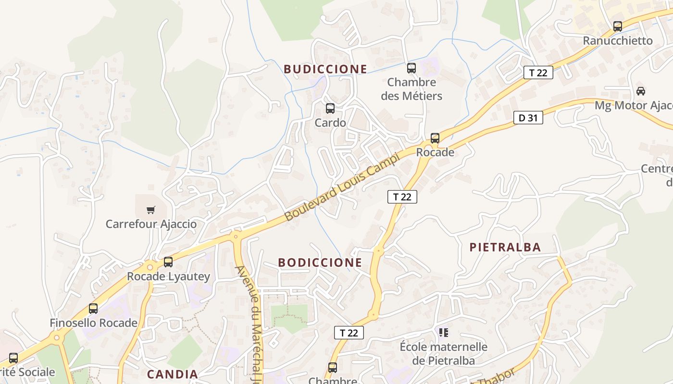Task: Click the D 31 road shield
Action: [x=528, y=118]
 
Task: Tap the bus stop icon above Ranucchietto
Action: [x=618, y=26]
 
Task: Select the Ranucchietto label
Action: [x=618, y=41]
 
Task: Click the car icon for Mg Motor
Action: [x=641, y=91]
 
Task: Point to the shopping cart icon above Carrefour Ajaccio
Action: [x=151, y=210]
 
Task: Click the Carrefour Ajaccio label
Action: [x=151, y=224]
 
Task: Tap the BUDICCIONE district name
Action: [x=325, y=69]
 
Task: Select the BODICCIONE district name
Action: [x=320, y=263]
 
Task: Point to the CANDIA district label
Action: [x=172, y=374]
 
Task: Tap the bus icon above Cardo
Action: [x=330, y=108]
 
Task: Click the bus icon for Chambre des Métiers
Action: [x=411, y=68]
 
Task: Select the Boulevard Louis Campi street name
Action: [x=342, y=187]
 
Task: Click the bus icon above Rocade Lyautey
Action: [x=168, y=262]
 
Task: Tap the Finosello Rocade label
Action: [x=94, y=323]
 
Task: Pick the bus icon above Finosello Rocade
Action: [x=93, y=309]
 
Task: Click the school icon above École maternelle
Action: [x=443, y=332]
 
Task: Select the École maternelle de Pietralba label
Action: [x=443, y=354]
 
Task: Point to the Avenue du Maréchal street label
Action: [x=255, y=317]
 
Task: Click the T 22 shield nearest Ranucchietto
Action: [x=538, y=73]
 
